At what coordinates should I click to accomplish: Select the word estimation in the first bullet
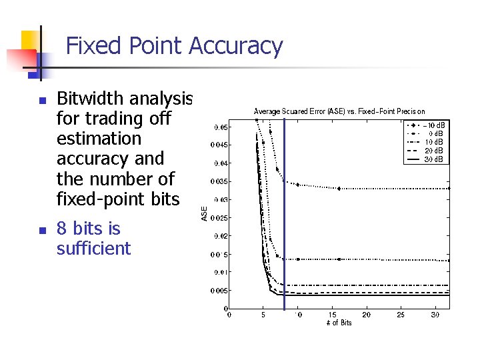pos(99,139)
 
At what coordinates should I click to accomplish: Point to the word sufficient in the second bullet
pos(93,249)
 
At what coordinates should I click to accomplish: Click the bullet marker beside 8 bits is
pos(41,230)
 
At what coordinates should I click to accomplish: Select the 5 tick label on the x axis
pos(263,315)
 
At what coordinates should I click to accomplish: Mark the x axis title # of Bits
pos(339,323)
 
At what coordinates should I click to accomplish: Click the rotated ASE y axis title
pos(205,213)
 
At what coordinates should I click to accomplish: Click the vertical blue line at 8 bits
pos(284,213)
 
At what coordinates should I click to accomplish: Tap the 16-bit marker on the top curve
pos(339,189)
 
